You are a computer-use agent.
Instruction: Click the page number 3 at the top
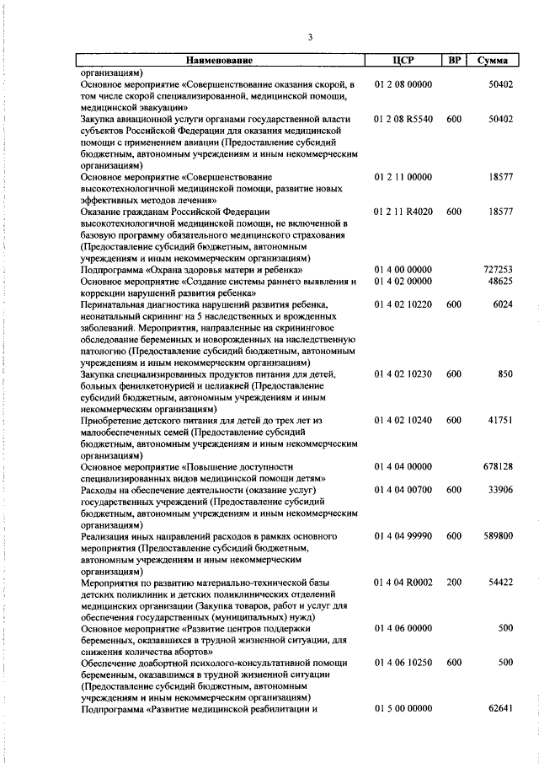pyautogui.click(x=310, y=37)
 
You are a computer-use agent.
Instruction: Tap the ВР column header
pyautogui.click(x=453, y=61)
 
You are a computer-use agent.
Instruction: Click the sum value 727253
pyautogui.click(x=498, y=269)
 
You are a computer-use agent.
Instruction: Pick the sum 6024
pyautogui.click(x=503, y=304)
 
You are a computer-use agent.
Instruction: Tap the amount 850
pyautogui.click(x=505, y=373)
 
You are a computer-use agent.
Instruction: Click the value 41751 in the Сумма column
pyautogui.click(x=500, y=420)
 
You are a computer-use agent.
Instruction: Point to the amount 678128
pyautogui.click(x=498, y=466)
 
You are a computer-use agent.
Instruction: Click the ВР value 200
pyautogui.click(x=454, y=582)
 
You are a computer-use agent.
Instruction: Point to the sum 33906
pyautogui.click(x=500, y=489)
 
